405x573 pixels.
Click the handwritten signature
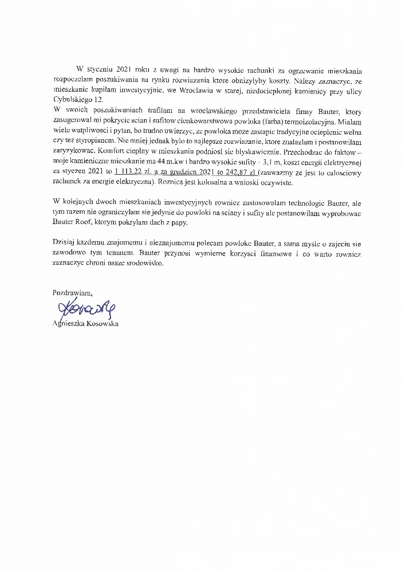[x=84, y=309]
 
